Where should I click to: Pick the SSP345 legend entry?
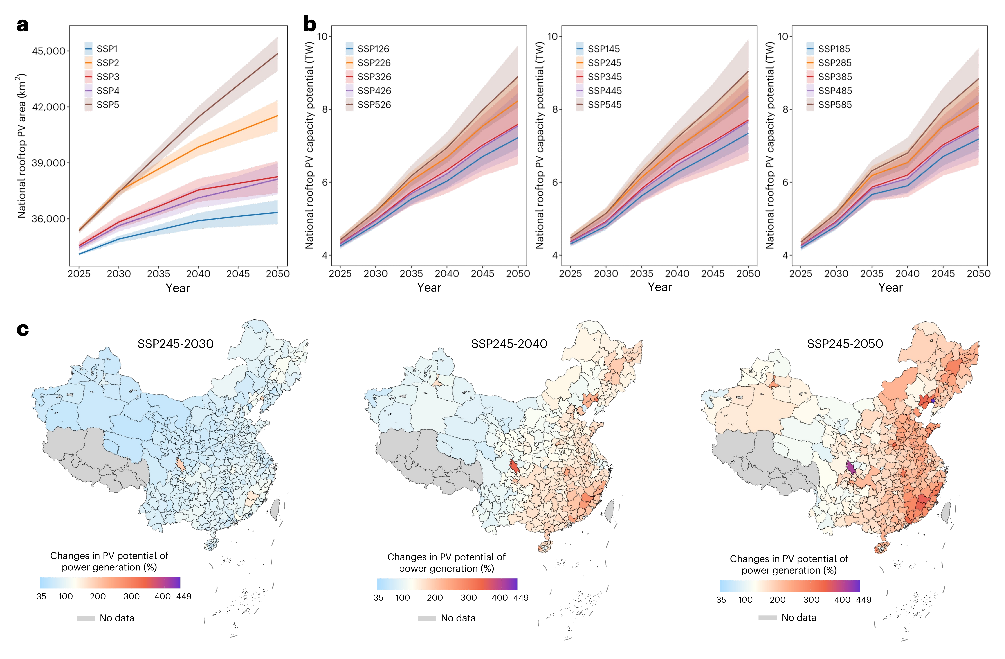604,77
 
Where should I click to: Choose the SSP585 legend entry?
834,105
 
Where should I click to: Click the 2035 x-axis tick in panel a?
158,274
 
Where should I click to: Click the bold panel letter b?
310,24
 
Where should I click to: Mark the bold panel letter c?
23,329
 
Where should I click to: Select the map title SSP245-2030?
175,344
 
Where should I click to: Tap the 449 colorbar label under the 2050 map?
863,600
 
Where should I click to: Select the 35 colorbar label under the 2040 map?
378,598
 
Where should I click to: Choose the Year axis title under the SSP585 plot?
890,288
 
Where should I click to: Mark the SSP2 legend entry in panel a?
108,63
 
